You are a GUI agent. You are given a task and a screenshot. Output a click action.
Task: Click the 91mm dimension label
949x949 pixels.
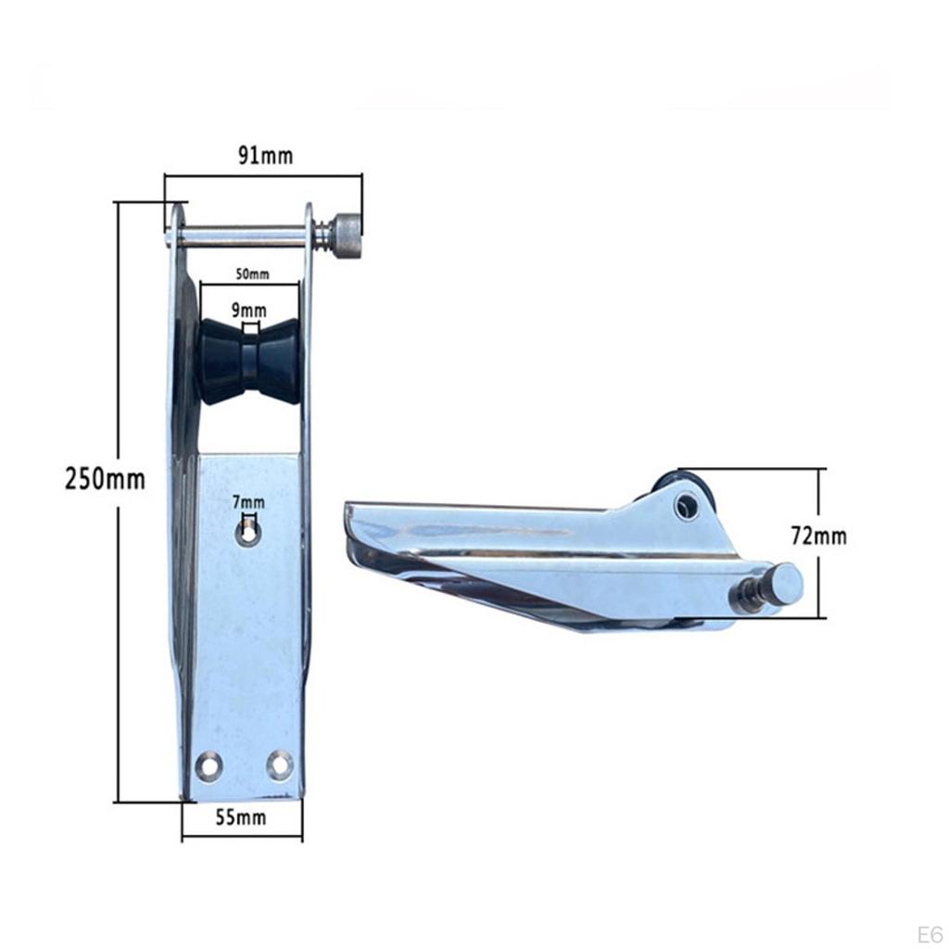(x=264, y=156)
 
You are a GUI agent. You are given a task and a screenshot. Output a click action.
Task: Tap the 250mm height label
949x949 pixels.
(x=105, y=480)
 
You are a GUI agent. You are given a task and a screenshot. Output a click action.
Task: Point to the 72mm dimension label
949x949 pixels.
(x=818, y=536)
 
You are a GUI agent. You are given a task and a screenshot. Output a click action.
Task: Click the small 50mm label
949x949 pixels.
(x=251, y=273)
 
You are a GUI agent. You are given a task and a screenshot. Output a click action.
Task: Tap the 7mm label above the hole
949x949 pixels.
(x=248, y=502)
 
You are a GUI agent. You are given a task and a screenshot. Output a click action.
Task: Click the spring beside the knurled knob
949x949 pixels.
(x=323, y=235)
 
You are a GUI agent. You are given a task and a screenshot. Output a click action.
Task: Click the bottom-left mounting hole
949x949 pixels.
(x=209, y=766)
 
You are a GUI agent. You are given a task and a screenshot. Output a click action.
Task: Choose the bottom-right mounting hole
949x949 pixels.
(x=279, y=765)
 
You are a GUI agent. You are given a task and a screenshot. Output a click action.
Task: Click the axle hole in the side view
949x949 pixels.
(x=686, y=505)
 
